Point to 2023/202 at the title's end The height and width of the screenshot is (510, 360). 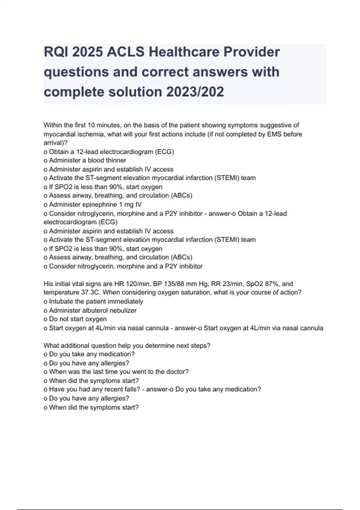tap(195, 92)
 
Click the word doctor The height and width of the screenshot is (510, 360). tap(178, 372)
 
